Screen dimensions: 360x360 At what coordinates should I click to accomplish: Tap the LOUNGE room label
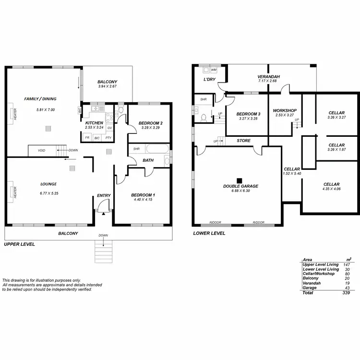pyautogui.click(x=49, y=184)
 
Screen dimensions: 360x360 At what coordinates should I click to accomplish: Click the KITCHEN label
pyautogui.click(x=94, y=123)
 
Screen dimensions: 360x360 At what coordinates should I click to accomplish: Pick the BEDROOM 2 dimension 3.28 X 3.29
pyautogui.click(x=150, y=128)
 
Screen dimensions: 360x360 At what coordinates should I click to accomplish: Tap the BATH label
pyautogui.click(x=148, y=160)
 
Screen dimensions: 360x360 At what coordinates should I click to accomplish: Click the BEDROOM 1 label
pyautogui.click(x=144, y=195)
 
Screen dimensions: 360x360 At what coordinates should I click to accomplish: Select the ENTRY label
pyautogui.click(x=104, y=195)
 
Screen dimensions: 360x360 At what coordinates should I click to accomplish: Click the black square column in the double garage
pyautogui.click(x=239, y=180)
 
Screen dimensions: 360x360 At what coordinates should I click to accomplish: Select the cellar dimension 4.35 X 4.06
pyautogui.click(x=331, y=189)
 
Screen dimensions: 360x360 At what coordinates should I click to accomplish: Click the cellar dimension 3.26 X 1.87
pyautogui.click(x=336, y=149)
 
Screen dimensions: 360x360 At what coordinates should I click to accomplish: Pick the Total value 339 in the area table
pyautogui.click(x=346, y=292)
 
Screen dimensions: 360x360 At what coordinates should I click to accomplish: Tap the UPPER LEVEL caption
pyautogui.click(x=19, y=244)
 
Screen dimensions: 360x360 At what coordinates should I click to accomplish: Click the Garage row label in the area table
pyautogui.click(x=310, y=288)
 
